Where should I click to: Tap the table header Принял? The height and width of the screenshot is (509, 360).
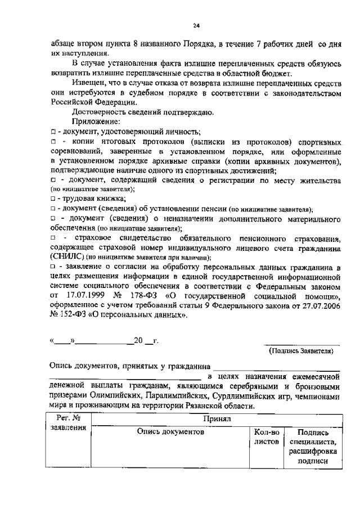pyautogui.click(x=216, y=419)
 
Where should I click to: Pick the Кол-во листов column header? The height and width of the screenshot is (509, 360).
pyautogui.click(x=267, y=437)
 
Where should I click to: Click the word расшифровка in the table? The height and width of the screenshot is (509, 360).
pyautogui.click(x=313, y=452)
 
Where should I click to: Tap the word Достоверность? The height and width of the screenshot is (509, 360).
pyautogui.click(x=101, y=111)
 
